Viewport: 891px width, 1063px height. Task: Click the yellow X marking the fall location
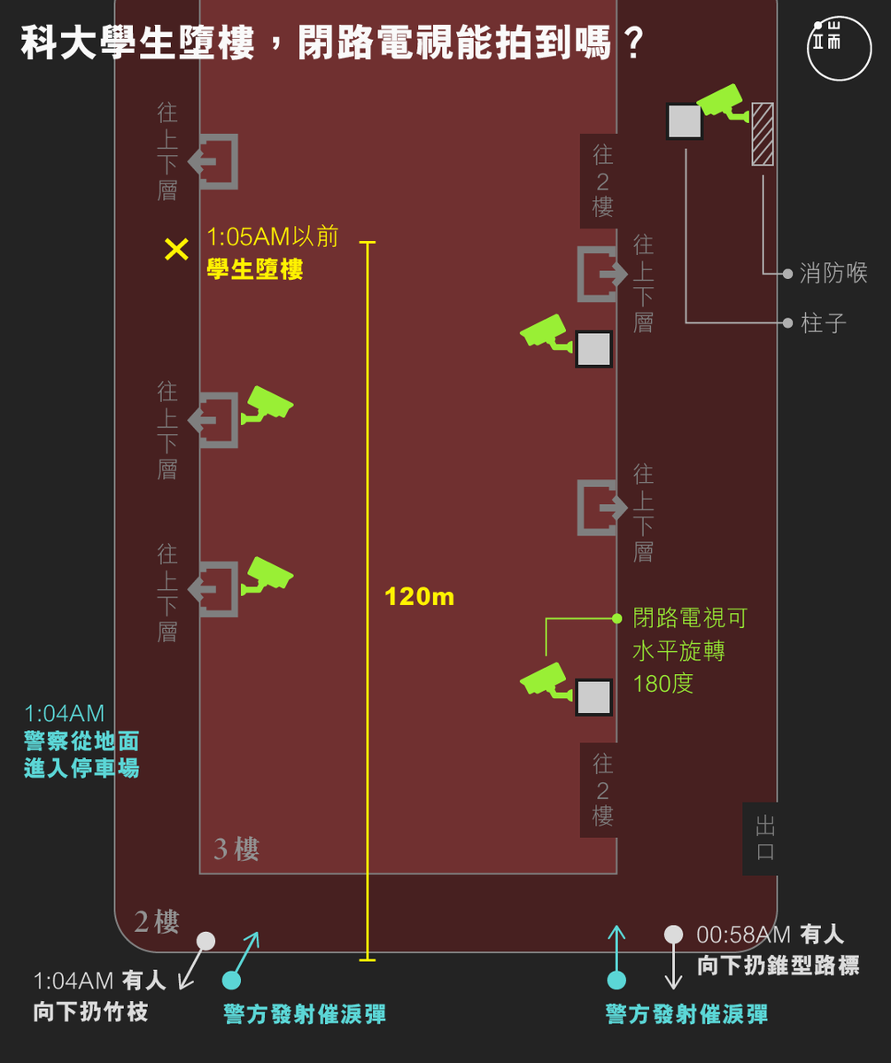(176, 250)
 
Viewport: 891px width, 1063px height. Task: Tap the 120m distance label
(419, 597)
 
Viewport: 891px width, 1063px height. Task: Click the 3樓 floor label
(236, 850)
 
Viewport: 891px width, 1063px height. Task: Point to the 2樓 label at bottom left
(157, 922)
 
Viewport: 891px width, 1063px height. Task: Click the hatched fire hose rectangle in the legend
(762, 134)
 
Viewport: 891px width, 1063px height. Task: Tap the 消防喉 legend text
(833, 273)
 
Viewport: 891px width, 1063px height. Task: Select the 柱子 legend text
(824, 322)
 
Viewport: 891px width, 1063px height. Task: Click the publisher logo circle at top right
(839, 47)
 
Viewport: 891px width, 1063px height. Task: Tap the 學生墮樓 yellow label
(255, 269)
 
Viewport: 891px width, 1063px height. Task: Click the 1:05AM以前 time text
(273, 237)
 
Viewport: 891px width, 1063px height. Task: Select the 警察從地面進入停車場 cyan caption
(81, 754)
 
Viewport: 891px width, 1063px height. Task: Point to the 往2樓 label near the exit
(602, 789)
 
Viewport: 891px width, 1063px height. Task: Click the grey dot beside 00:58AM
(673, 934)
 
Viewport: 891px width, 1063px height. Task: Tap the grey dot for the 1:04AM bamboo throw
(205, 941)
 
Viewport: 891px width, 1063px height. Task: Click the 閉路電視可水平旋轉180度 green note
(689, 650)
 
